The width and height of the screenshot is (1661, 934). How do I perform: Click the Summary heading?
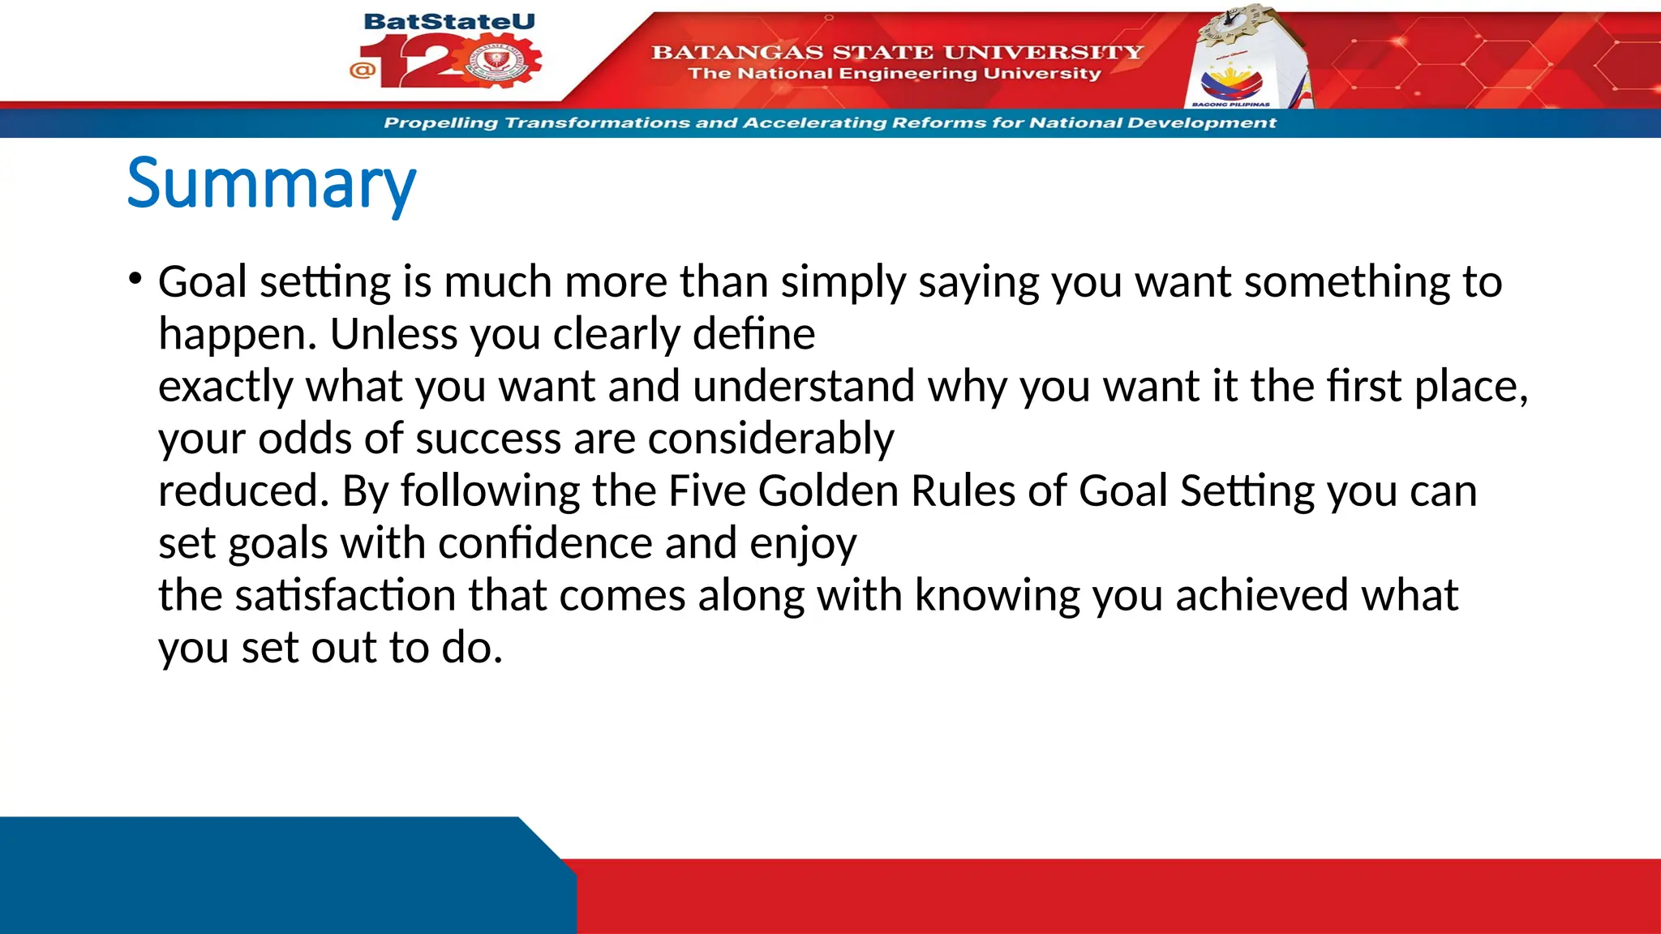point(272,185)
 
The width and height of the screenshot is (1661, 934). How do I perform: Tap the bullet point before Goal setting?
point(135,280)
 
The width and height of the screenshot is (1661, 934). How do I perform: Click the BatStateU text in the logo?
point(449,22)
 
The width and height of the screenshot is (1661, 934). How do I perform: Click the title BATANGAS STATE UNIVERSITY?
point(897,53)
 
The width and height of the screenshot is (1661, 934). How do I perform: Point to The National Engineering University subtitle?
point(895,74)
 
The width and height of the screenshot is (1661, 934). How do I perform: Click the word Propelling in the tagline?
point(440,123)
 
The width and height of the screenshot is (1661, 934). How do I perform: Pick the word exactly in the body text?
point(225,387)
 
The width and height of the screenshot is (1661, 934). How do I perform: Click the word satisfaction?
point(345,596)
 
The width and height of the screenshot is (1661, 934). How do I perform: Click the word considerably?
point(770,439)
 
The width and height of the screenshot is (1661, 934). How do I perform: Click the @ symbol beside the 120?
point(363,70)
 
